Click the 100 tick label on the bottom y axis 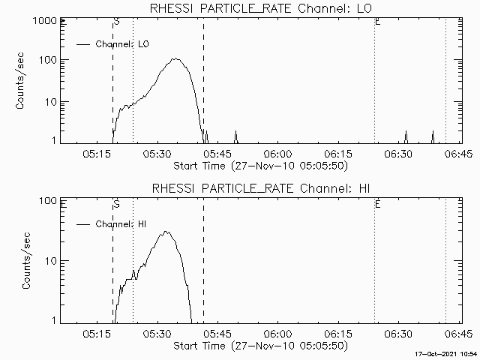click(x=49, y=201)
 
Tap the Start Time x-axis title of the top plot click(x=259, y=165)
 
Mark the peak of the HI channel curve click(x=166, y=232)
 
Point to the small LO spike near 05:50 click(x=235, y=133)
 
